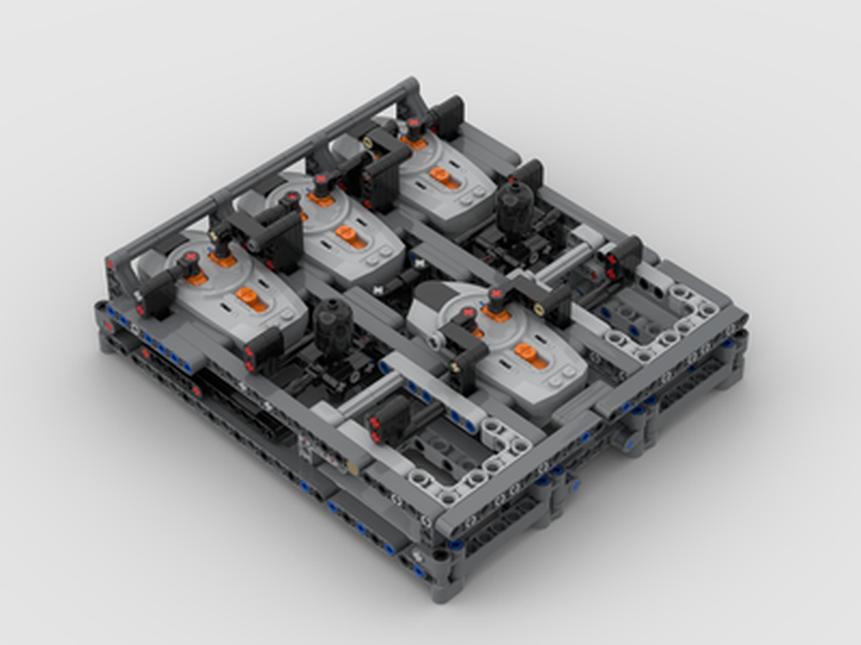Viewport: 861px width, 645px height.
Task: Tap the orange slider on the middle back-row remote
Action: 351,236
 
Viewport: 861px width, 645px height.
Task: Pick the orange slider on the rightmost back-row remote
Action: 444,177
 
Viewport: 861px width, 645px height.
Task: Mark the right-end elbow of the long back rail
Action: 412,89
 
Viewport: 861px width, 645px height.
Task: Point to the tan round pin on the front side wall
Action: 352,467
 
